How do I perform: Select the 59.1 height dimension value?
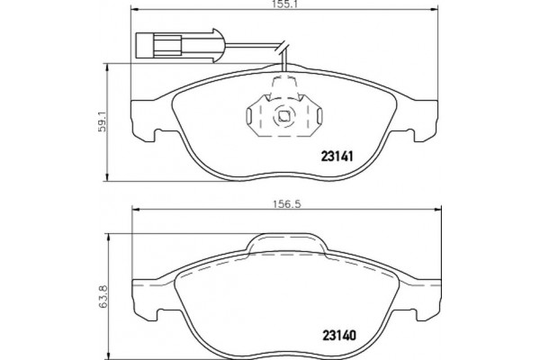103,123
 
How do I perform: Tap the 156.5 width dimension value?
287,204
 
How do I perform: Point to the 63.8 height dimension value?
103,296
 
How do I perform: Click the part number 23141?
337,157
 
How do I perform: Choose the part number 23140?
339,335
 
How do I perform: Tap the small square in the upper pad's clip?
283,116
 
